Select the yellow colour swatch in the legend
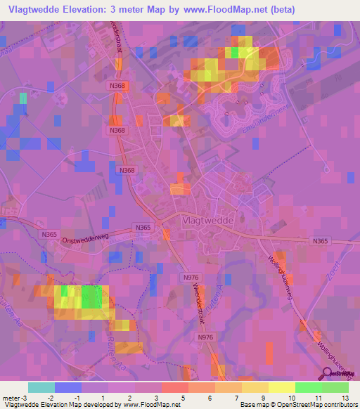point(281,387)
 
